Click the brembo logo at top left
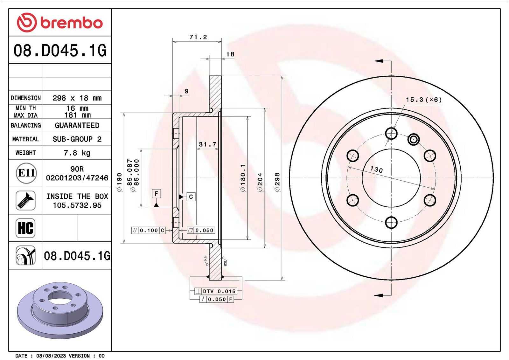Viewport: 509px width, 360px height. (x=60, y=23)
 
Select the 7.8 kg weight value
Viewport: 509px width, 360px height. (x=77, y=153)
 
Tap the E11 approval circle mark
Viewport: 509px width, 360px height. (x=26, y=173)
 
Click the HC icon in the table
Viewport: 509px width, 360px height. (x=25, y=228)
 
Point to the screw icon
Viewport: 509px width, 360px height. (x=25, y=201)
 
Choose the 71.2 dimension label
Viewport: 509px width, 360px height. (x=198, y=37)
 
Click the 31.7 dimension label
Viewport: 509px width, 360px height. (x=207, y=144)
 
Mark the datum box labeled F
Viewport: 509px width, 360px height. (x=156, y=194)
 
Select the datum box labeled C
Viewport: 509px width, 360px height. (x=191, y=197)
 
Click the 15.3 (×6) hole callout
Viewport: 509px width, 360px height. (x=423, y=100)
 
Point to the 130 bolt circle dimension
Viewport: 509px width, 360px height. (x=376, y=170)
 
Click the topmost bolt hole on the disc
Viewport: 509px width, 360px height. (x=391, y=133)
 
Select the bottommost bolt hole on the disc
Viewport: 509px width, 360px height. (x=391, y=222)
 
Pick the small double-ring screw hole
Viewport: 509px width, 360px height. (x=413, y=140)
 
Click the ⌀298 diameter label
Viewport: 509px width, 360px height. (x=277, y=182)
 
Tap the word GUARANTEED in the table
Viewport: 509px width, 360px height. (x=77, y=125)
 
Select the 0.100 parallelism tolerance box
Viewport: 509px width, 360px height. (x=148, y=231)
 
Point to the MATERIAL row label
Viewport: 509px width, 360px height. (x=26, y=139)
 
